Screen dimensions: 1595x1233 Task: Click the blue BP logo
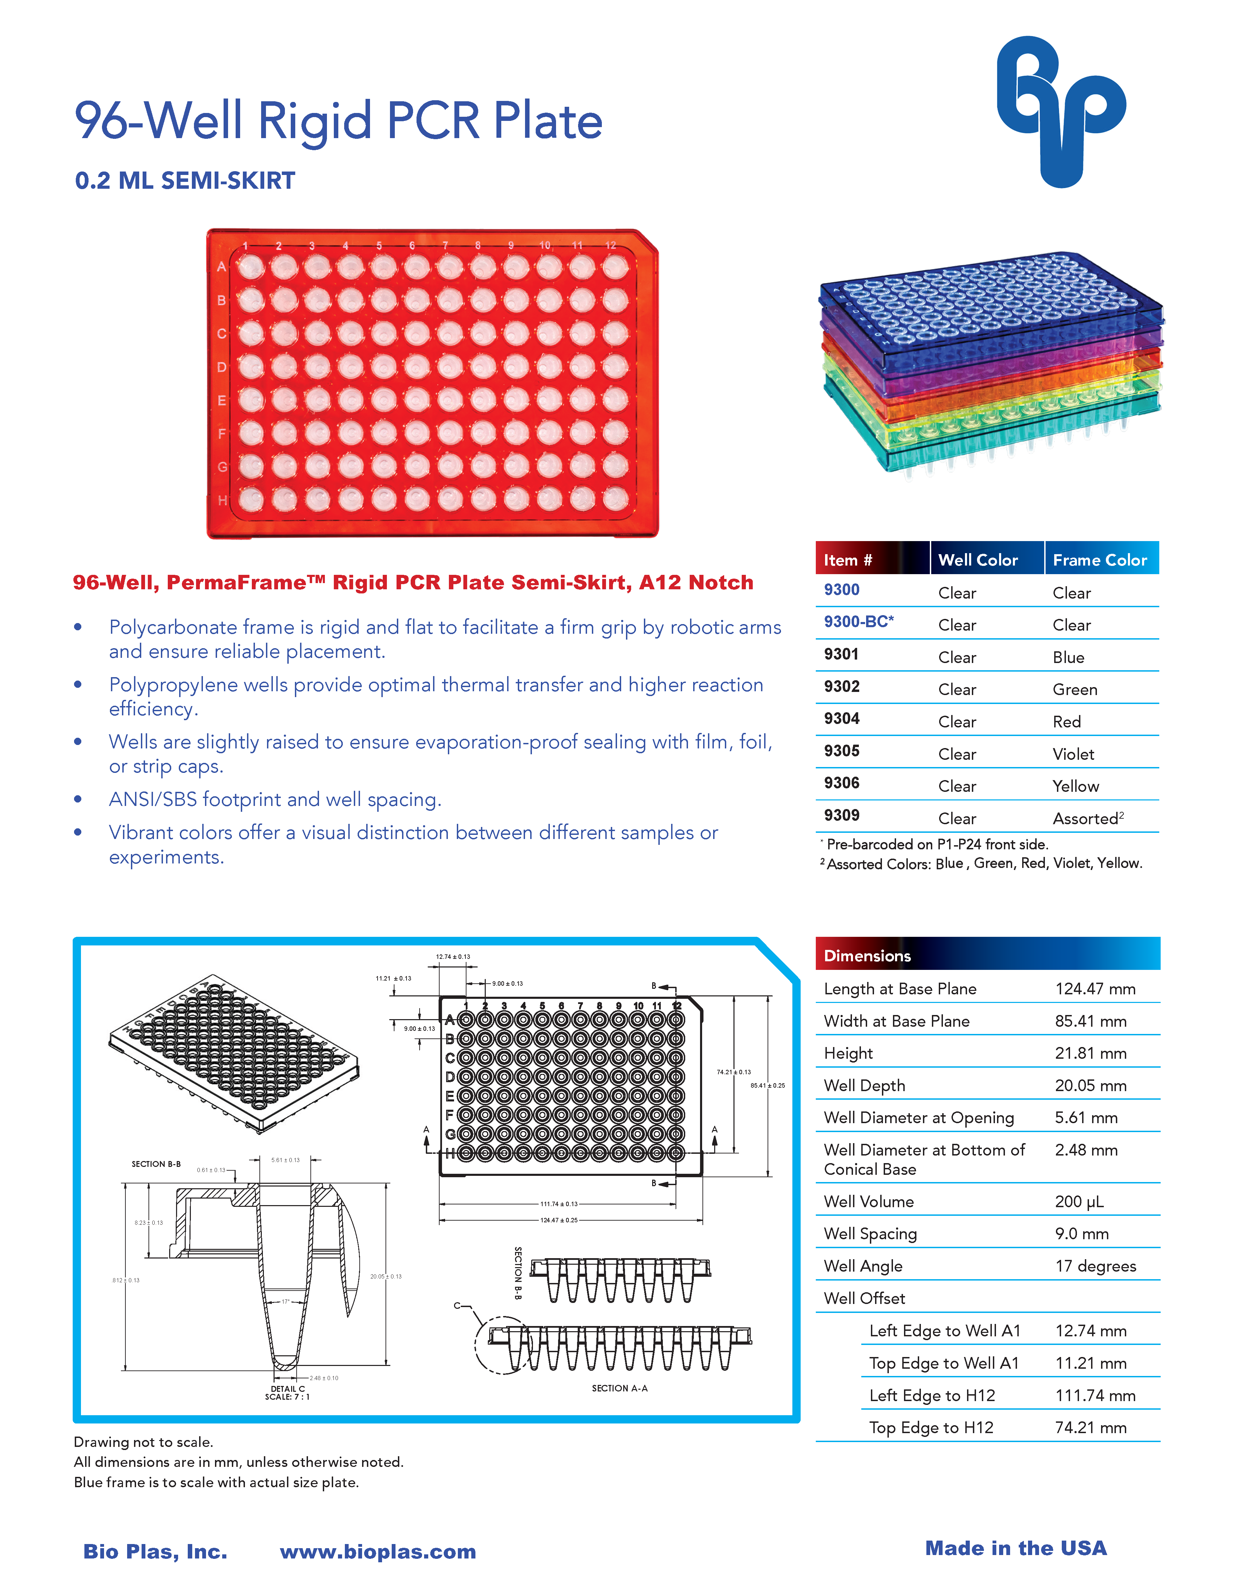point(1061,111)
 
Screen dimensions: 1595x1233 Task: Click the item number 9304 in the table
point(842,718)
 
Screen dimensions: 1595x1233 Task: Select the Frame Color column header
point(1099,560)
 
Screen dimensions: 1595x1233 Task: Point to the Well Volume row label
point(869,1201)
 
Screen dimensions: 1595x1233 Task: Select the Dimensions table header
point(867,955)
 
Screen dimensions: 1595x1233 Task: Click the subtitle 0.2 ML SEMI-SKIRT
point(185,180)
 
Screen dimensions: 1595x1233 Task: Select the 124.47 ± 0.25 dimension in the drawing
point(559,1220)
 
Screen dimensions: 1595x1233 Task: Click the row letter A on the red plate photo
point(221,267)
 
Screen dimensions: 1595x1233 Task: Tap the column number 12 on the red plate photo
point(611,245)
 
